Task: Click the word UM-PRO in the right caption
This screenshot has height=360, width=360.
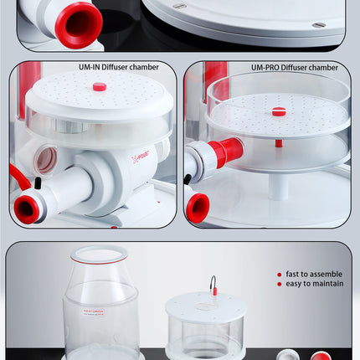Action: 267,68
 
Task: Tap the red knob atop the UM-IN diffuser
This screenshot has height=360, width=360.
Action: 99,86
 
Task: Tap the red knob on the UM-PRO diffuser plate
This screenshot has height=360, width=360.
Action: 279,111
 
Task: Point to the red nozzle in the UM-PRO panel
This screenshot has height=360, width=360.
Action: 198,206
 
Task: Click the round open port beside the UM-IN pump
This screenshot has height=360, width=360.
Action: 47,159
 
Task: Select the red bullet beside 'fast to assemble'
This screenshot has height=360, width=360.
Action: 280,274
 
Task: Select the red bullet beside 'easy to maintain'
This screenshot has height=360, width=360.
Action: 280,283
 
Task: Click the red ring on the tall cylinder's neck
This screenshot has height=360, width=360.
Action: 100,260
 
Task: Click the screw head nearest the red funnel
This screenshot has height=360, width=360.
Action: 179,7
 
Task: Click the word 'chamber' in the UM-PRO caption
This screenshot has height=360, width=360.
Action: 322,68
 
